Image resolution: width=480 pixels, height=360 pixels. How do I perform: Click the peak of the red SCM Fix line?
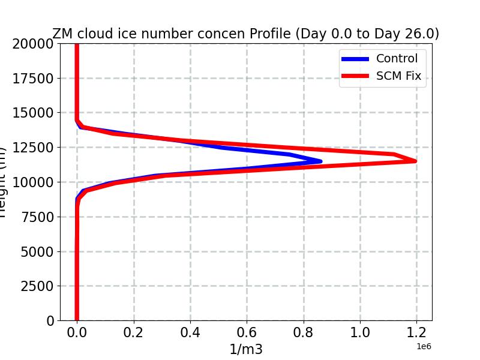pyautogui.click(x=415, y=161)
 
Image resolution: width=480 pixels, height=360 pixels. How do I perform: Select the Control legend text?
pyautogui.click(x=397, y=59)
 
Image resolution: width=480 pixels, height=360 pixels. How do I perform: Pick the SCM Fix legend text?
pyautogui.click(x=398, y=76)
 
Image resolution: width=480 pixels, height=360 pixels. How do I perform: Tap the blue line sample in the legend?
pyautogui.click(x=355, y=59)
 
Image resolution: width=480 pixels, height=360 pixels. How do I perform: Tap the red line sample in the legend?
pyautogui.click(x=355, y=76)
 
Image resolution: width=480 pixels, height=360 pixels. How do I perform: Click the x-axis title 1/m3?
pyautogui.click(x=246, y=349)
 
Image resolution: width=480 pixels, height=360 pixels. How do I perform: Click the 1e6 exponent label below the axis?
pyautogui.click(x=423, y=346)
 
